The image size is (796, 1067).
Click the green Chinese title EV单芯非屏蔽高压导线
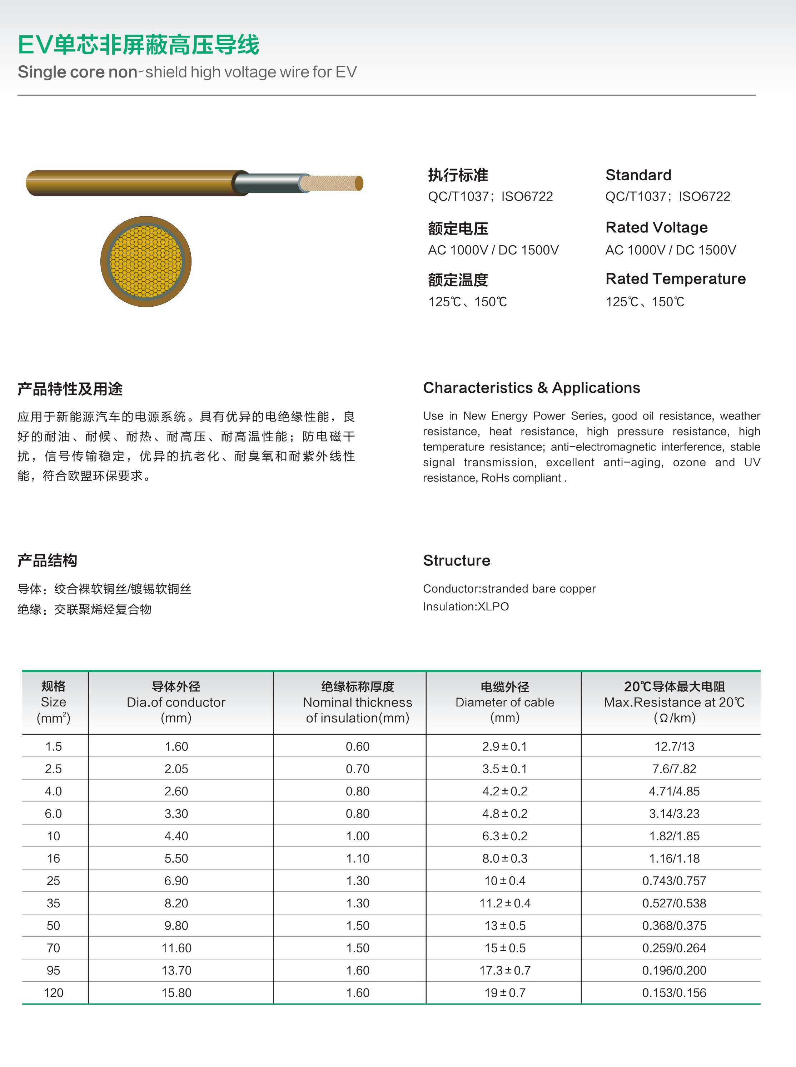[x=138, y=45]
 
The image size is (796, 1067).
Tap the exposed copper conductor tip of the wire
[x=333, y=183]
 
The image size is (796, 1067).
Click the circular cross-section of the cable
[x=146, y=261]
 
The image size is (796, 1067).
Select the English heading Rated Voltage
[x=656, y=227]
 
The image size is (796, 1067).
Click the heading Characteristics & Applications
[x=532, y=388]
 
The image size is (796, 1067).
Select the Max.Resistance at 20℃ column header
[x=674, y=702]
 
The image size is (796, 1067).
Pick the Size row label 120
[x=54, y=993]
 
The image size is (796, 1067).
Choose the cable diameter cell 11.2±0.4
[x=504, y=903]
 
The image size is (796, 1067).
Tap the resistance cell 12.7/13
[x=674, y=746]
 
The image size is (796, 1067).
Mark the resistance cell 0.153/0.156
[x=674, y=993]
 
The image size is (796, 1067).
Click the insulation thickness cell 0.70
[x=358, y=769]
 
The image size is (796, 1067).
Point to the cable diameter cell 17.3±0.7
[x=504, y=970]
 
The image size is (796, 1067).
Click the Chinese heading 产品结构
[x=47, y=560]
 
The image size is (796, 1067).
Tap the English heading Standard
[x=638, y=175]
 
